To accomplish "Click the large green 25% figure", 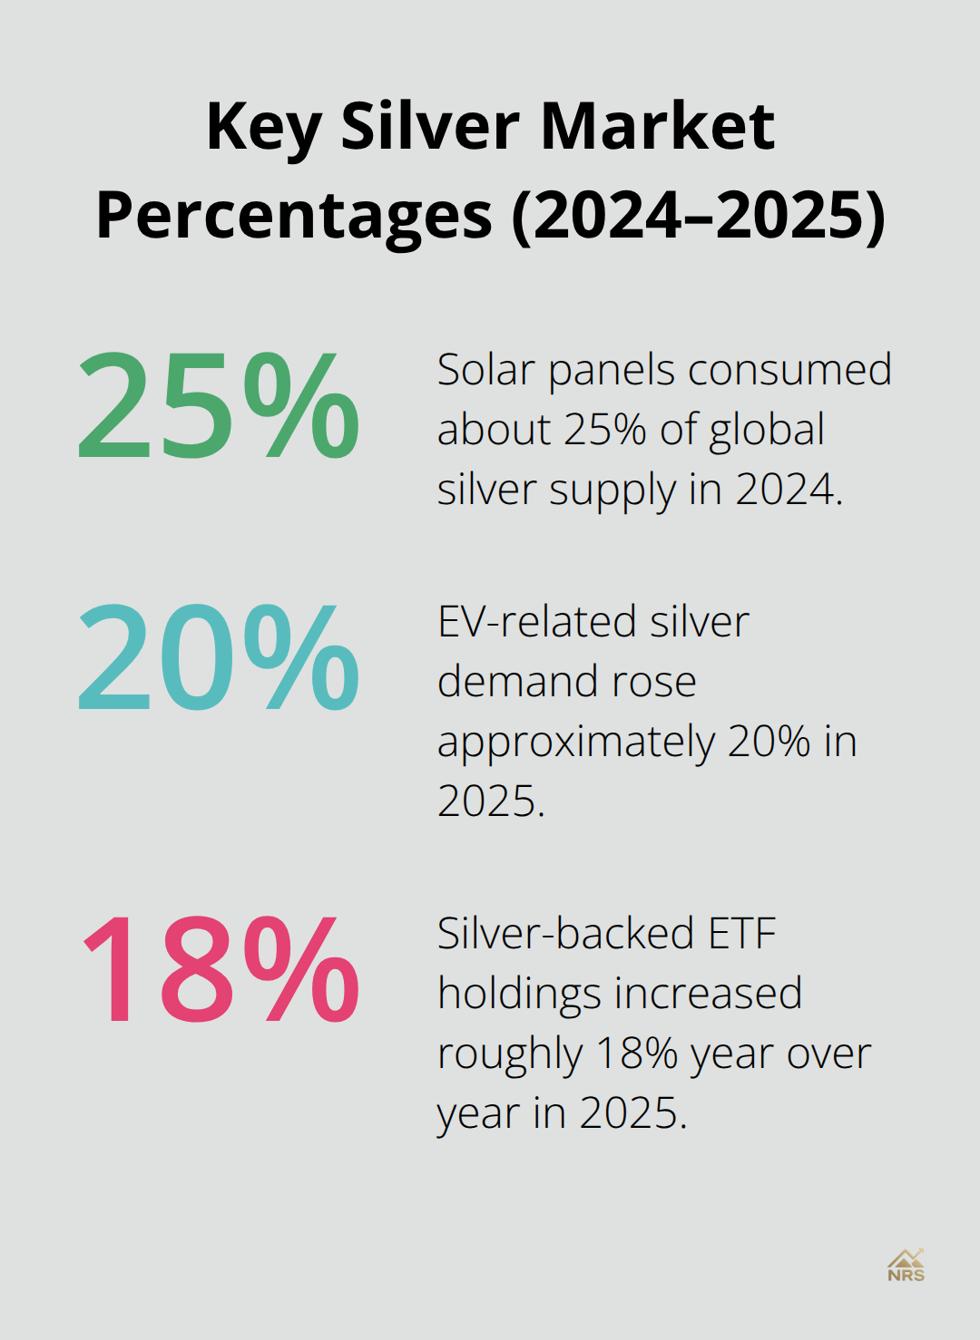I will pyautogui.click(x=219, y=405).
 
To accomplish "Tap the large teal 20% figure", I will pyautogui.click(x=219, y=657).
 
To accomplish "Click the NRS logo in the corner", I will pyautogui.click(x=906, y=1266).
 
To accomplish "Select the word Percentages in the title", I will pyautogui.click(x=294, y=216).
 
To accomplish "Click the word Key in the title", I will pyautogui.click(x=263, y=128).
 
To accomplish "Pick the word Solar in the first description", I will pyautogui.click(x=485, y=370).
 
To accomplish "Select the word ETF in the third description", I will pyautogui.click(x=741, y=934).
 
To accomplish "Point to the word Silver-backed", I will pyautogui.click(x=565, y=934).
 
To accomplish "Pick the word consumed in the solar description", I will pyautogui.click(x=789, y=370).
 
